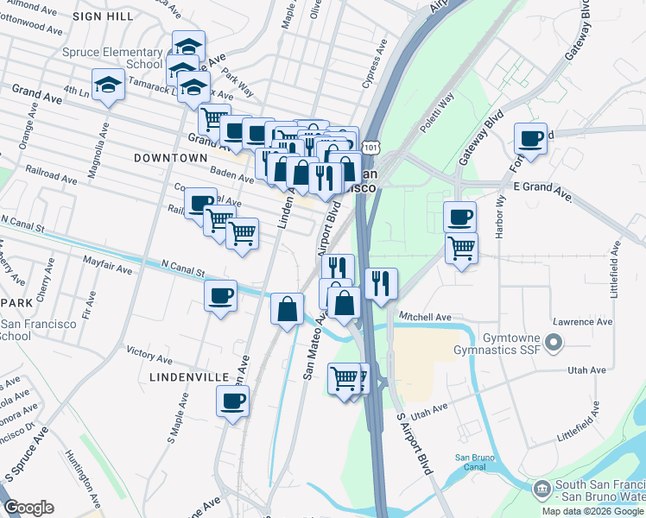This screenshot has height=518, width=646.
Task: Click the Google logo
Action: tap(28, 508)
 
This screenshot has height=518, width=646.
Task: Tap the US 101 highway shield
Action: tap(370, 149)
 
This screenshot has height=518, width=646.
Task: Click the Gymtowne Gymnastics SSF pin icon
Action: tap(554, 345)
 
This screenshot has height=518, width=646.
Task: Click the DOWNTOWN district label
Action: tap(170, 158)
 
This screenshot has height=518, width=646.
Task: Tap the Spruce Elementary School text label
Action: tap(112, 58)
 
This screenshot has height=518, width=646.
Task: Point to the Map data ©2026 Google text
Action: tap(592, 511)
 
